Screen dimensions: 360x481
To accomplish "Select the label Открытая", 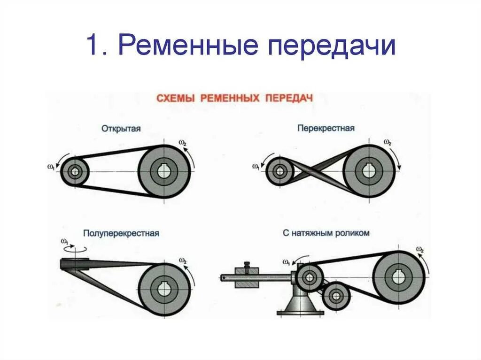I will point(121,128).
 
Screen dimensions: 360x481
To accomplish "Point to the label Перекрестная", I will point(326,128).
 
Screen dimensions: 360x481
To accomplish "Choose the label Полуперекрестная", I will point(121,233).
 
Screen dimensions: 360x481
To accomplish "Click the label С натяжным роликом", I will point(326,233).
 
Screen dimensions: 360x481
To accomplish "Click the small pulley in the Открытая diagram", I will point(75,172).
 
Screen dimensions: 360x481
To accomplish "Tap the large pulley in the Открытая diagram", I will point(164,171).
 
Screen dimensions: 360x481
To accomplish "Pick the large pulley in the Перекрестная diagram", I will point(369,171).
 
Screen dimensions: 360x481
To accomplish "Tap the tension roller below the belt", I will point(336,296).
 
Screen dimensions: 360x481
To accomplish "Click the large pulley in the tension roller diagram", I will point(399,277).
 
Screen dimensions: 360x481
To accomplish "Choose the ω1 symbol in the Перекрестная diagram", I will point(256,167).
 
